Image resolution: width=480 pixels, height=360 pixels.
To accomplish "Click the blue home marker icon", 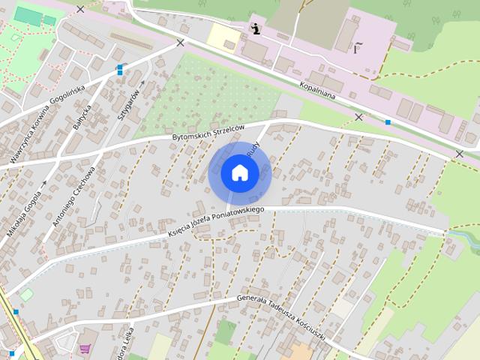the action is coord(240,172).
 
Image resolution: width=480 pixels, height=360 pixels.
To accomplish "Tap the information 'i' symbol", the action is coord(256,29).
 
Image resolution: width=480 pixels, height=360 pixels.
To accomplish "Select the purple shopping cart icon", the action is coord(85,349).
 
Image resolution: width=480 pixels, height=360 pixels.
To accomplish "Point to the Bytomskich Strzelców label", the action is coord(208,132).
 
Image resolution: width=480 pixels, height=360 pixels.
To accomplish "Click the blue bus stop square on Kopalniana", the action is coord(388,121).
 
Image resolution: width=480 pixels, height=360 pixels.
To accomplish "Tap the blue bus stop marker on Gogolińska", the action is coord(120,70).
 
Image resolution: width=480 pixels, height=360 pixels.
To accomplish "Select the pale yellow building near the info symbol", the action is coord(223,36).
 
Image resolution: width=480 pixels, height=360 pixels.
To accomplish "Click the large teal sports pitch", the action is coord(28,16).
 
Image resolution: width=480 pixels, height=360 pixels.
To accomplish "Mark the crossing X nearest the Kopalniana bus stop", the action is coord(358,117).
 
